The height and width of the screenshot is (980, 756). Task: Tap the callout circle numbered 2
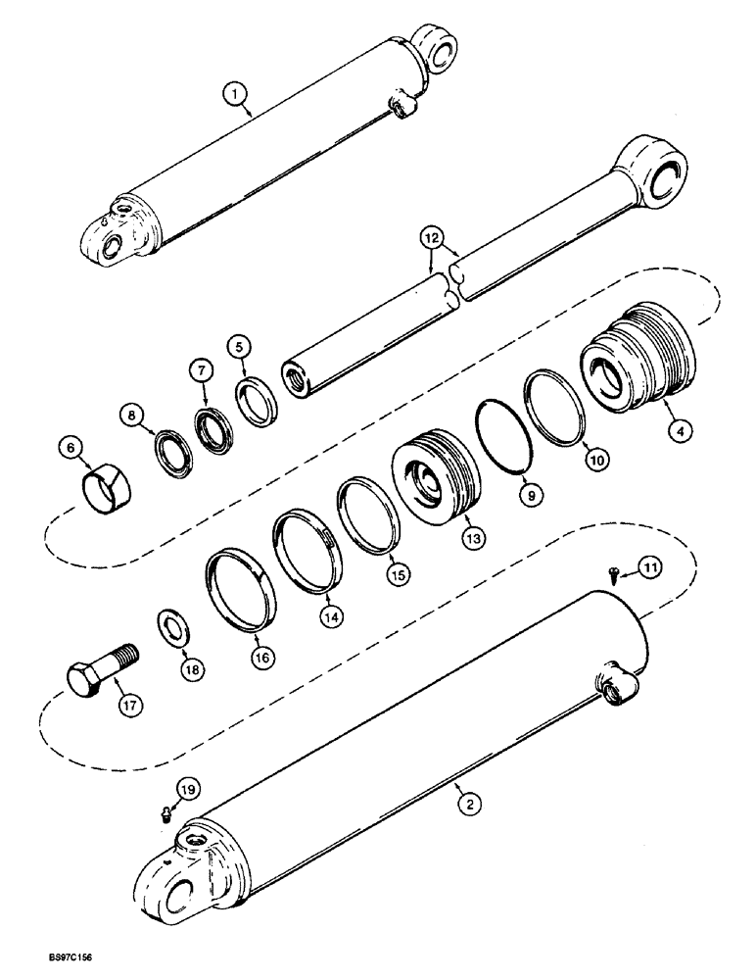pyautogui.click(x=471, y=806)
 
